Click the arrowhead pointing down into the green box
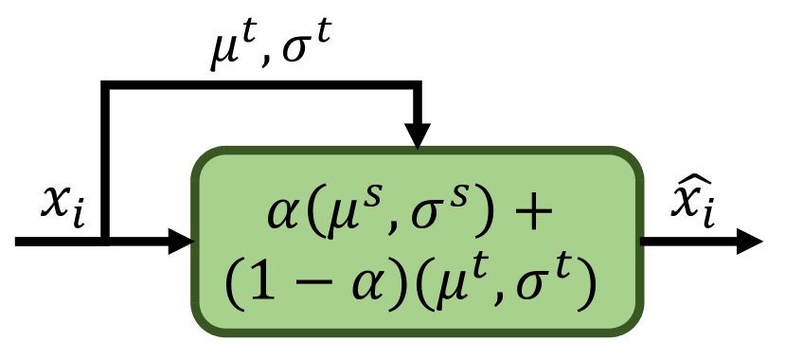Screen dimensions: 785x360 tap(417, 136)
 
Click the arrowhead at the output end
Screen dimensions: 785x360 tap(749, 241)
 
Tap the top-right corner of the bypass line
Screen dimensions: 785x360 tap(417, 88)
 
